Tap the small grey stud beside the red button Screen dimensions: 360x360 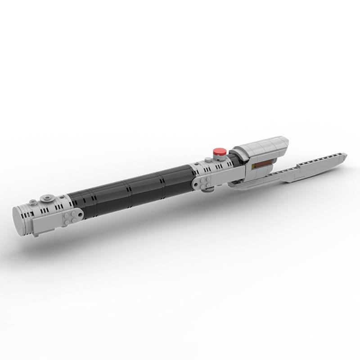(208, 158)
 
